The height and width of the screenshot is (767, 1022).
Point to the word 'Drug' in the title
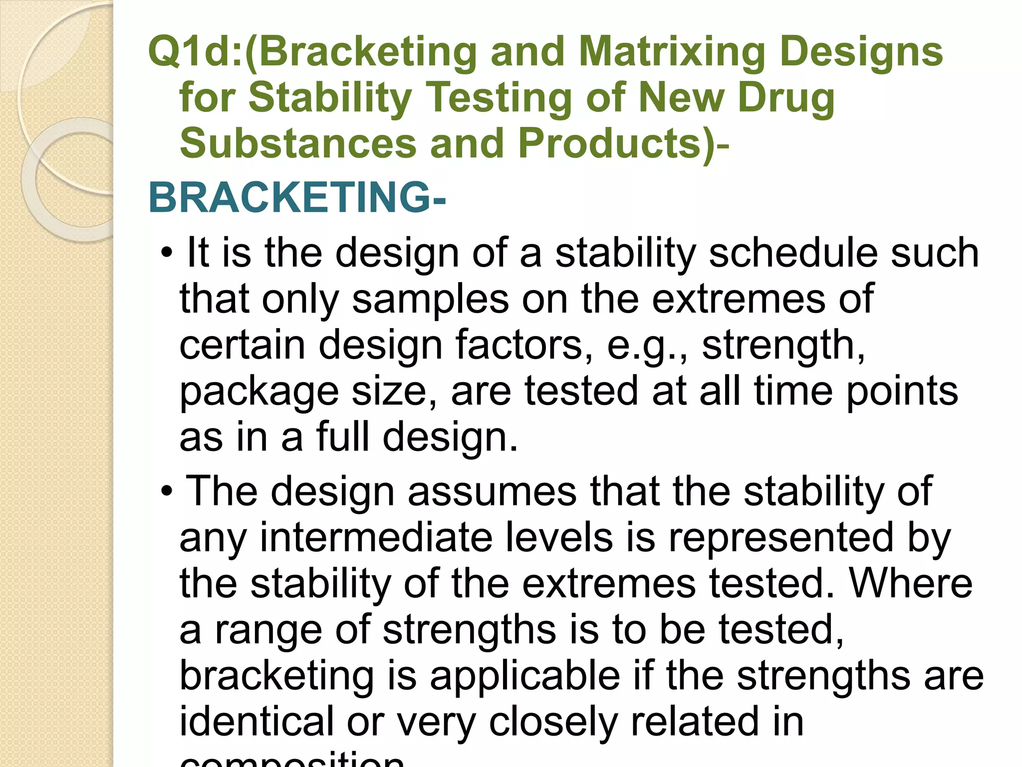pos(786,98)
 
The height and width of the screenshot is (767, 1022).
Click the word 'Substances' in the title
pos(298,144)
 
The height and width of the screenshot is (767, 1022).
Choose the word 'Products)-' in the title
pos(624,144)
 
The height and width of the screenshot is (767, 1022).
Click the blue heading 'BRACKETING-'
pos(297,198)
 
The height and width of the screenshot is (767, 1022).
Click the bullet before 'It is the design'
pos(167,254)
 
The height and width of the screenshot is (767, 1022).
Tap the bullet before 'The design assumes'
pos(167,492)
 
